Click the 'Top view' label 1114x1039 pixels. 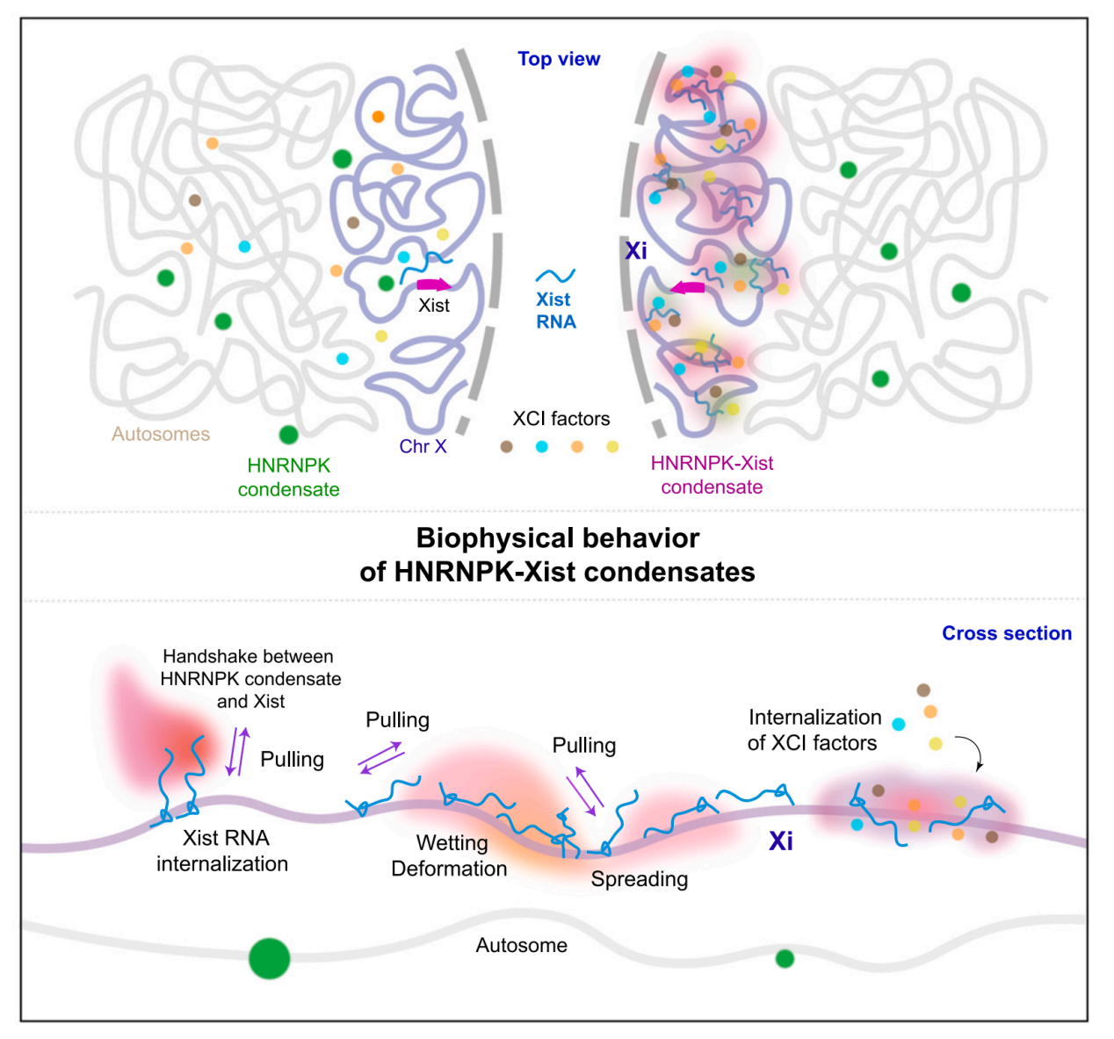tap(559, 59)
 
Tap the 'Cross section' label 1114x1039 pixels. tap(1006, 633)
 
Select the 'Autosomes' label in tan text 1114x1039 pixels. tap(161, 434)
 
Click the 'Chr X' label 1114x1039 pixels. tap(423, 446)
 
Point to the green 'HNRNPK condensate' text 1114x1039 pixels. tap(288, 477)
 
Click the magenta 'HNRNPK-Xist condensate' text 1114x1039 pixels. tap(712, 475)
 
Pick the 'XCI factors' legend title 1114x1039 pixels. tap(561, 419)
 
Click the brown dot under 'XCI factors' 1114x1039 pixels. tap(506, 446)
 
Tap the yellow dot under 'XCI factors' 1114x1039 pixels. tap(612, 446)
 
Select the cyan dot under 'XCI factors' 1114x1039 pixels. tap(542, 446)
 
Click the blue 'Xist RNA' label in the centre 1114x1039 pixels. tap(555, 311)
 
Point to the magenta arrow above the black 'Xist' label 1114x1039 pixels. tap(433, 285)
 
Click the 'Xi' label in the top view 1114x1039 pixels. tap(636, 251)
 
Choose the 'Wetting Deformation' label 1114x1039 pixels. tap(450, 855)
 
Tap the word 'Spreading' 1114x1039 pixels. tap(640, 879)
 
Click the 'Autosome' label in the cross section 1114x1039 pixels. tap(522, 945)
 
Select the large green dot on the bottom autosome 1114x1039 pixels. tap(269, 957)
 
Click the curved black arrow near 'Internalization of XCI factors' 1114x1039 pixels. tap(973, 751)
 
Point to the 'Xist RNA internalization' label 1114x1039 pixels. tap(223, 851)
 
